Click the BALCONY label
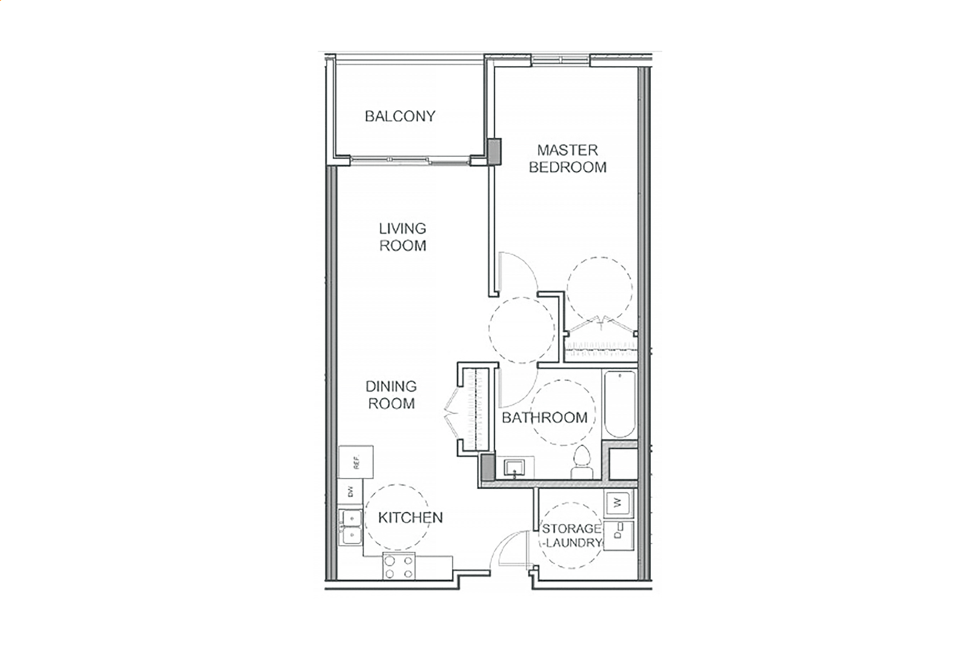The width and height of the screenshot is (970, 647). (400, 116)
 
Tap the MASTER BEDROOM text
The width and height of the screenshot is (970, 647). (567, 159)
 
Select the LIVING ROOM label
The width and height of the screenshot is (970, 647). (403, 237)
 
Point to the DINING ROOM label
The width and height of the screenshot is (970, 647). (391, 395)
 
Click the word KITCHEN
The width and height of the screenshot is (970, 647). (410, 517)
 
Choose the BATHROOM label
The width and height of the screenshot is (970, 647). (544, 417)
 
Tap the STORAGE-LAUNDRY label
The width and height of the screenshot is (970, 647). (571, 536)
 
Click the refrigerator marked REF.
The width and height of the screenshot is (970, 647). (356, 462)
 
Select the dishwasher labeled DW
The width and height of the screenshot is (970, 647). (350, 491)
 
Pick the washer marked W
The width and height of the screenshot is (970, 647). (619, 503)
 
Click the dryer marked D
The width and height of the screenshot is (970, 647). (619, 536)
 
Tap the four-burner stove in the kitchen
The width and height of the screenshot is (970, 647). (399, 566)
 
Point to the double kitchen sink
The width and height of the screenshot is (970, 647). (350, 526)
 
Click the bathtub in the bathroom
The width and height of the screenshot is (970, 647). (620, 403)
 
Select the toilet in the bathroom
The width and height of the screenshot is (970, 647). (582, 462)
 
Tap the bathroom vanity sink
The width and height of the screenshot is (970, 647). (514, 468)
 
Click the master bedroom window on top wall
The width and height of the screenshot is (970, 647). (560, 60)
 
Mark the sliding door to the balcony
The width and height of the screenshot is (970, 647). (410, 161)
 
